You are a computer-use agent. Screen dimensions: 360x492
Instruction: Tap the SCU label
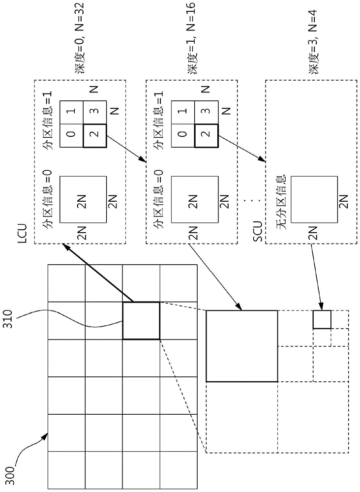[x=258, y=232]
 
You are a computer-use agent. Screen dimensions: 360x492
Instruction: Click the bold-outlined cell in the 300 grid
[x=141, y=321]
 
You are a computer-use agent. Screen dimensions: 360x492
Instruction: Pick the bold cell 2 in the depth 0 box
[x=95, y=136]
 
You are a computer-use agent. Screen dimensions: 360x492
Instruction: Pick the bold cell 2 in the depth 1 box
[x=207, y=136]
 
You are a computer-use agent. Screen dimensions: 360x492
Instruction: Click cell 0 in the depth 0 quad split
[x=71, y=136]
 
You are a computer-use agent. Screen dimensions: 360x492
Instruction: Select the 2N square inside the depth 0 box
[x=83, y=200]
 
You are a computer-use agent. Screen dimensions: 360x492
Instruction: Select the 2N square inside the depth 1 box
[x=194, y=200]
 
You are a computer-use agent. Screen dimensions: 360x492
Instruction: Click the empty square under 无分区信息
[x=314, y=200]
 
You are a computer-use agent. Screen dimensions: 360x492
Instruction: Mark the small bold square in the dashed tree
[x=322, y=319]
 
